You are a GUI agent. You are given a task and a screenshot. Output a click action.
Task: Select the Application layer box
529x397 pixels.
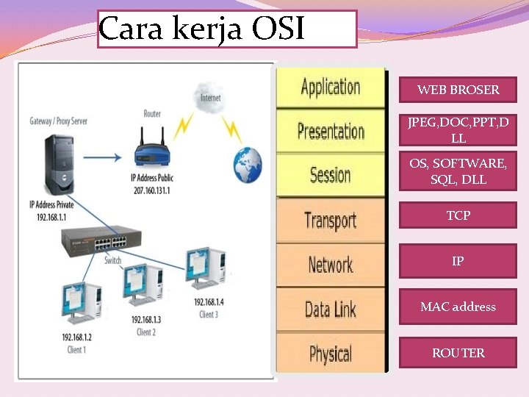[330, 87]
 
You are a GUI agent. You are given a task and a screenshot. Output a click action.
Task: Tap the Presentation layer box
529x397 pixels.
[330, 132]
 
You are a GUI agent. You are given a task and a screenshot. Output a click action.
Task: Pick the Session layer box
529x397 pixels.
[330, 175]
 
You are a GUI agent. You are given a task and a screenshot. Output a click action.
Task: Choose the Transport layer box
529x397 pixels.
[330, 220]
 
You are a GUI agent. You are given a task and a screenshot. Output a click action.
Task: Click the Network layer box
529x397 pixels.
[330, 265]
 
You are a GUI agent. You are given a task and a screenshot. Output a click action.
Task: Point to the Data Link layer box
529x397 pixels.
[330, 310]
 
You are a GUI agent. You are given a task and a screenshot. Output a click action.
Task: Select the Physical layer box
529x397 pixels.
[330, 354]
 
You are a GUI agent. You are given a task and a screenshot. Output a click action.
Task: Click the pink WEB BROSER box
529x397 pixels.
[458, 90]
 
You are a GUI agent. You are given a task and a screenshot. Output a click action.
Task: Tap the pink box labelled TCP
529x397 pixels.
[458, 215]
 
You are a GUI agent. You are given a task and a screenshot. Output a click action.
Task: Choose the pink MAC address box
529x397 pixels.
[458, 307]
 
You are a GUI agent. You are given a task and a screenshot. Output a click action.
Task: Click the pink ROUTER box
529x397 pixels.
[458, 353]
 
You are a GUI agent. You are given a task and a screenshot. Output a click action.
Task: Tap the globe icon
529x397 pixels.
[247, 165]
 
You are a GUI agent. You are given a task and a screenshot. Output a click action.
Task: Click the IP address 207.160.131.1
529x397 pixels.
[152, 189]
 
